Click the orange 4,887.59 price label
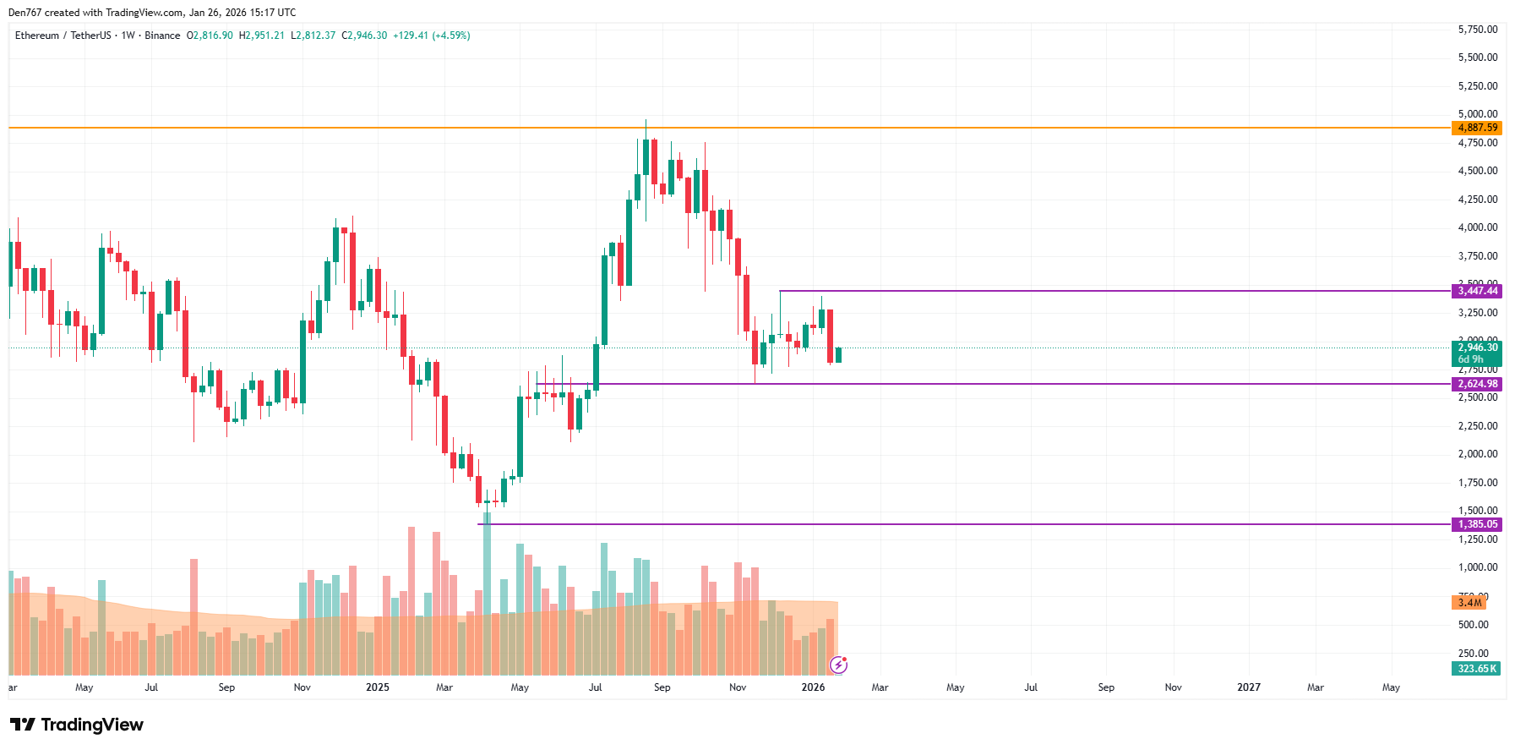(x=1477, y=128)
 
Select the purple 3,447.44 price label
(x=1477, y=291)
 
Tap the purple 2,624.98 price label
(x=1477, y=384)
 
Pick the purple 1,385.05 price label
(x=1477, y=524)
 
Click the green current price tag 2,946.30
(x=1477, y=348)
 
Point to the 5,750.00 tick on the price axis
(x=1477, y=30)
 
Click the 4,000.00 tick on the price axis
(x=1477, y=227)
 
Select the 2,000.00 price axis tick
(x=1477, y=454)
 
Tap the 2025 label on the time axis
(x=378, y=687)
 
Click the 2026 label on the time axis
(x=813, y=687)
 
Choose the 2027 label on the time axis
(x=1248, y=687)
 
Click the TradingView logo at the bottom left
(x=77, y=725)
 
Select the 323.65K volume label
(x=1476, y=669)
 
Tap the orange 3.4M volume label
(x=1469, y=603)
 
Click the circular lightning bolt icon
(x=838, y=665)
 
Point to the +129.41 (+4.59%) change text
(x=431, y=36)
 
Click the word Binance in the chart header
(x=162, y=36)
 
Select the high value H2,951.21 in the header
(x=262, y=36)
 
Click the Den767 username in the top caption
(x=25, y=13)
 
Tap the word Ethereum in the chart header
(x=37, y=36)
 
